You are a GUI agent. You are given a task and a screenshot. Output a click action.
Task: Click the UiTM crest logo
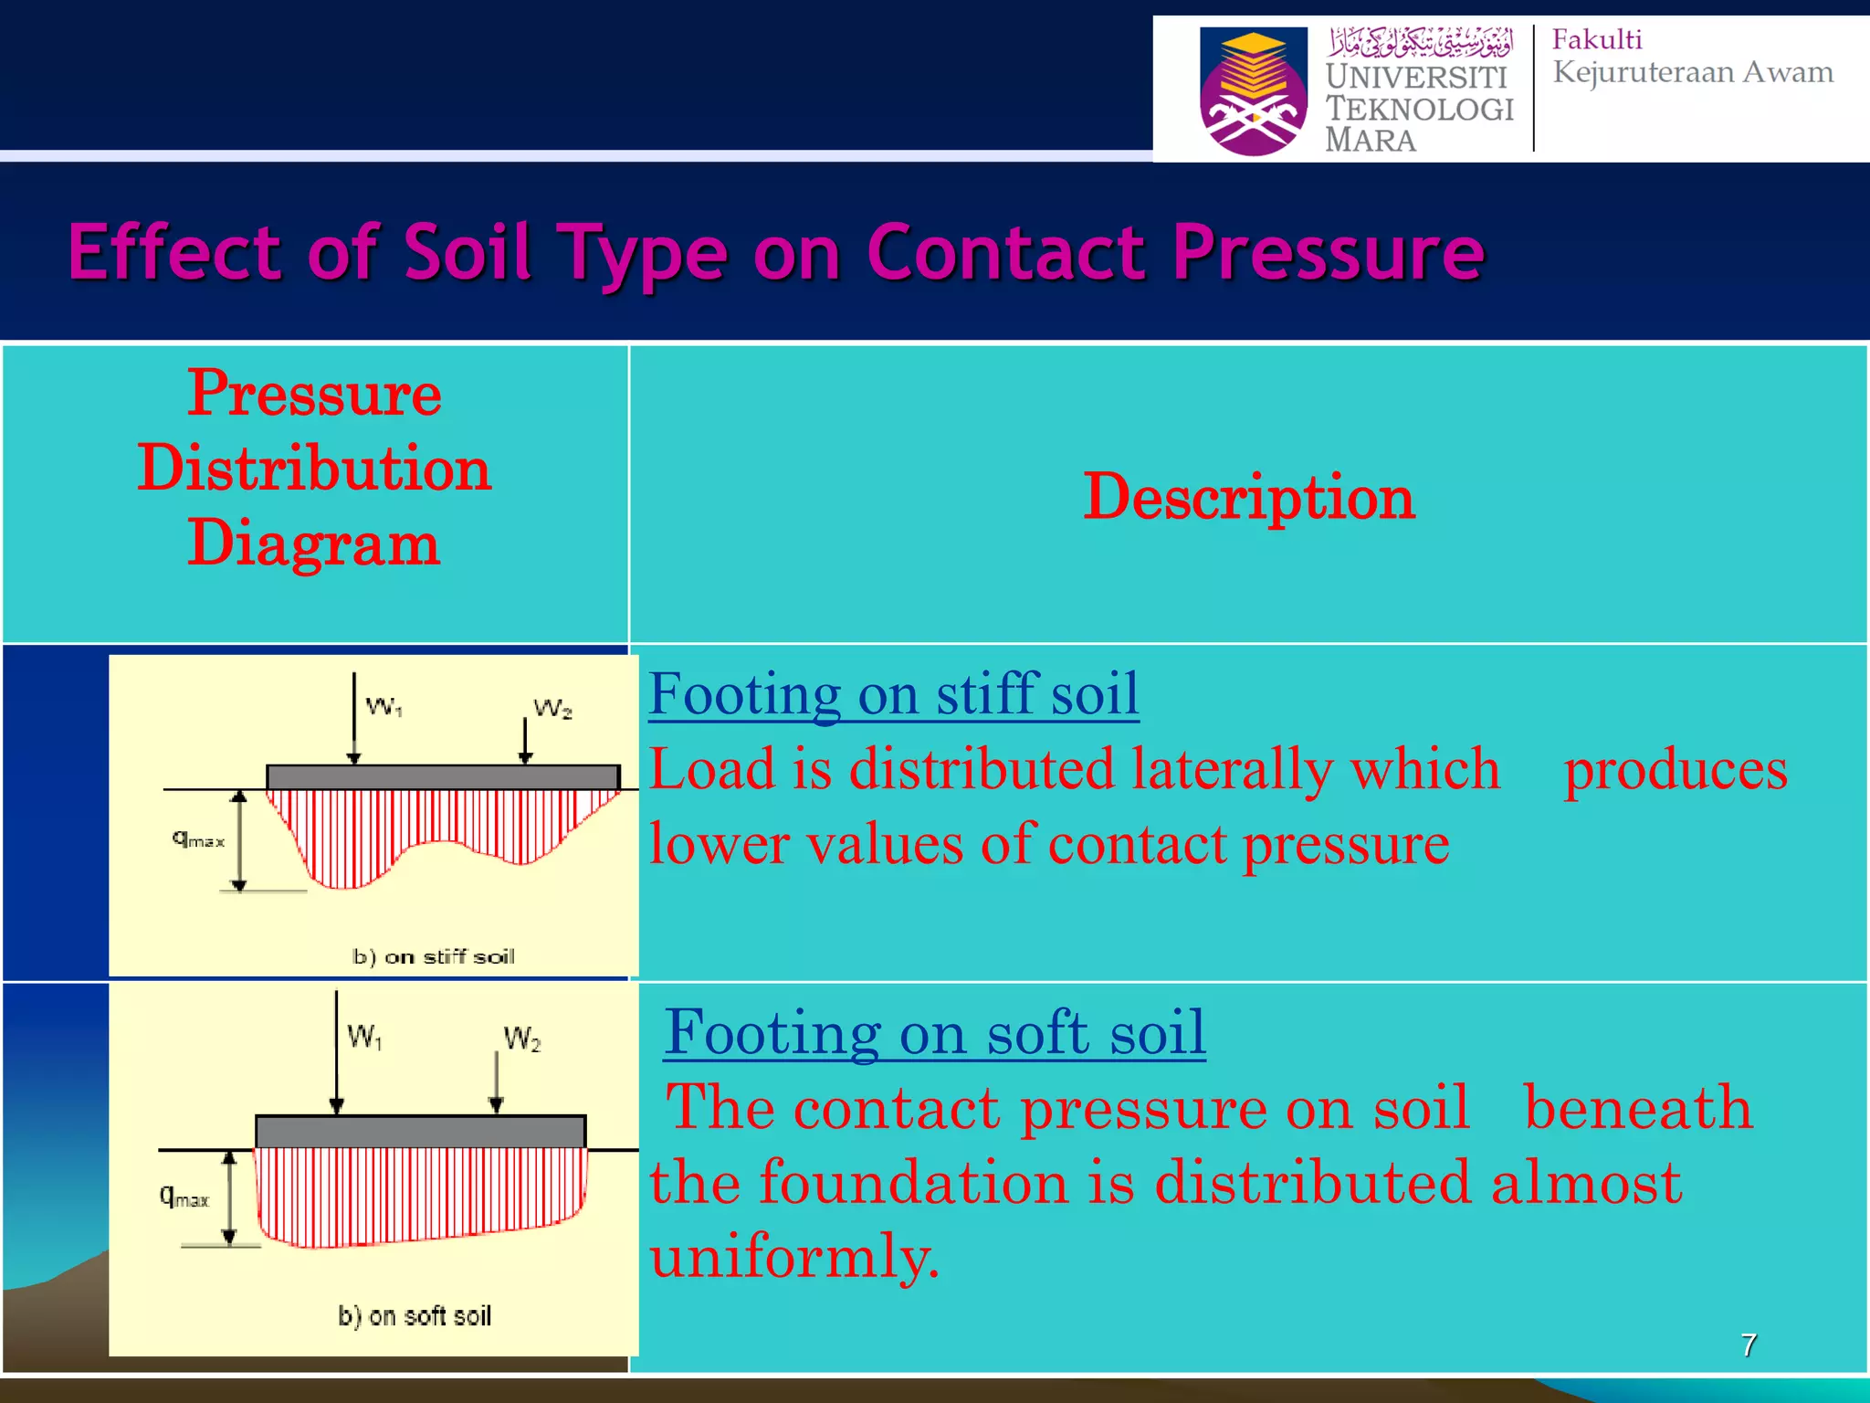tap(1253, 91)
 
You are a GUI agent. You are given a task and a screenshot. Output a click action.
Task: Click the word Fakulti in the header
tap(1597, 39)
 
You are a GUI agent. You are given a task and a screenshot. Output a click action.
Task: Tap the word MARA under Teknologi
tap(1370, 141)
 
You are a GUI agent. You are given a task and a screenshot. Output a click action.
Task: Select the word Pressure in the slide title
tap(1329, 253)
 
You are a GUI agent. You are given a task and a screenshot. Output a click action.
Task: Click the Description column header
tap(1248, 498)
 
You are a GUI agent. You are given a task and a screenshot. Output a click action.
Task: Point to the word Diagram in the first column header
tap(314, 543)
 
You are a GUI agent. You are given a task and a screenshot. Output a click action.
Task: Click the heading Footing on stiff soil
tap(893, 694)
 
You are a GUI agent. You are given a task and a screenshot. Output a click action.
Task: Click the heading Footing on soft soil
tap(934, 1033)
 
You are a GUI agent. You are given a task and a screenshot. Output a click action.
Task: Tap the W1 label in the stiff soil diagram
tap(383, 706)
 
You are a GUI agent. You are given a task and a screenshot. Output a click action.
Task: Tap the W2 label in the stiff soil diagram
tap(552, 709)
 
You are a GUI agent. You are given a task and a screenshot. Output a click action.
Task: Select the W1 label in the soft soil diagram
tap(364, 1037)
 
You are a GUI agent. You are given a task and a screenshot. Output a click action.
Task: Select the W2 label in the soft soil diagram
tap(521, 1039)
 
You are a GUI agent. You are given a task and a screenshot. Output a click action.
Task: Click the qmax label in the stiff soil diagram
tap(198, 839)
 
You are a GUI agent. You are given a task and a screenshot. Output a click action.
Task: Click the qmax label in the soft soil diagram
tap(184, 1196)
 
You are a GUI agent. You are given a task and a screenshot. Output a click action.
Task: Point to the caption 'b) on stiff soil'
tap(433, 956)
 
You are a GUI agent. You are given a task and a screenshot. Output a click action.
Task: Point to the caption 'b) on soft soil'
tap(414, 1315)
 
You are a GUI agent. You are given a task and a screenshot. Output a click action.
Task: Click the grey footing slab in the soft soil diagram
tap(420, 1132)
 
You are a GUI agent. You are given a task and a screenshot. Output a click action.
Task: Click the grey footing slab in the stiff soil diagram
tap(443, 777)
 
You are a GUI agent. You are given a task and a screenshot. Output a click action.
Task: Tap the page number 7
tap(1748, 1345)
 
